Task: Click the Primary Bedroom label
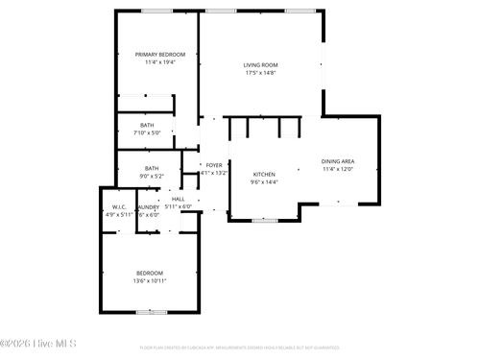click(159, 55)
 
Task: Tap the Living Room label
click(259, 64)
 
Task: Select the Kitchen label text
click(263, 174)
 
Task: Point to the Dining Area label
click(338, 161)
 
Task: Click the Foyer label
click(213, 165)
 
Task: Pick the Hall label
click(178, 199)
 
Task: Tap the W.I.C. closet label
click(119, 206)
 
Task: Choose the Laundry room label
click(148, 206)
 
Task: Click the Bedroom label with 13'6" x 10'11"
click(149, 273)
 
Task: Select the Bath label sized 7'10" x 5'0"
click(147, 125)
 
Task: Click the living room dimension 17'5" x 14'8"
click(259, 72)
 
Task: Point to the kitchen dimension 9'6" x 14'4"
click(263, 181)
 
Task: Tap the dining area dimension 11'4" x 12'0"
click(338, 169)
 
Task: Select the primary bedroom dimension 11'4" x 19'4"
click(159, 62)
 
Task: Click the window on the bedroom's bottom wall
click(150, 312)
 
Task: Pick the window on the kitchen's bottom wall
click(264, 221)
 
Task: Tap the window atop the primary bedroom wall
click(156, 11)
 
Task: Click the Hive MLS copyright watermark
click(38, 343)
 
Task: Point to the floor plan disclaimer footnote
click(240, 348)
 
